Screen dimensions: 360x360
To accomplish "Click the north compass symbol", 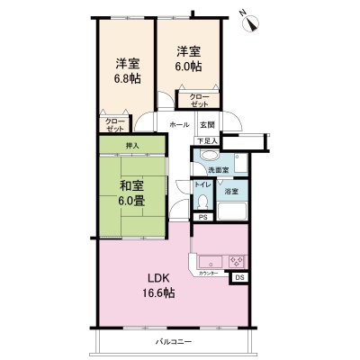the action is tap(251, 22).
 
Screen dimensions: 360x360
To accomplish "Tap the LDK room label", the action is tap(157, 278).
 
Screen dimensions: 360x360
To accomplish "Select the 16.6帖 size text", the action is tap(159, 292).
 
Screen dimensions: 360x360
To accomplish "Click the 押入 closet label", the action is tap(132, 146).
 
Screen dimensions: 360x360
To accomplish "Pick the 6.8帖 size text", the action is tap(127, 78).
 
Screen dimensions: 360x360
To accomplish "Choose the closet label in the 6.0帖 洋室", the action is tap(199, 101).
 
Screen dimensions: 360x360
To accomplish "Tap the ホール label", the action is tap(179, 124).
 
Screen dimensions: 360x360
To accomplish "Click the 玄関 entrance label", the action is tap(208, 124).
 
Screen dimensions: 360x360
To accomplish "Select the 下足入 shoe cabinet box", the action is tap(207, 141).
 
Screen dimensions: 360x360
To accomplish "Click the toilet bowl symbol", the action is tap(203, 202).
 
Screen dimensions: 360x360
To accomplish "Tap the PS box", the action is tap(203, 218).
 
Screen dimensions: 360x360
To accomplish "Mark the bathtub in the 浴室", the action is tap(231, 211).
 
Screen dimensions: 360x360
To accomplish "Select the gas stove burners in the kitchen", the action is tap(237, 261).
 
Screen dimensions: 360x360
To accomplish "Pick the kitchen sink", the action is tap(211, 261).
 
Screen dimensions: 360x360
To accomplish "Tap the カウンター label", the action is tap(208, 274).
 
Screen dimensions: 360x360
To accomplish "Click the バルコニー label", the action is tap(174, 342).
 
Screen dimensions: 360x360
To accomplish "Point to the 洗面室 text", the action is tap(219, 170).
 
